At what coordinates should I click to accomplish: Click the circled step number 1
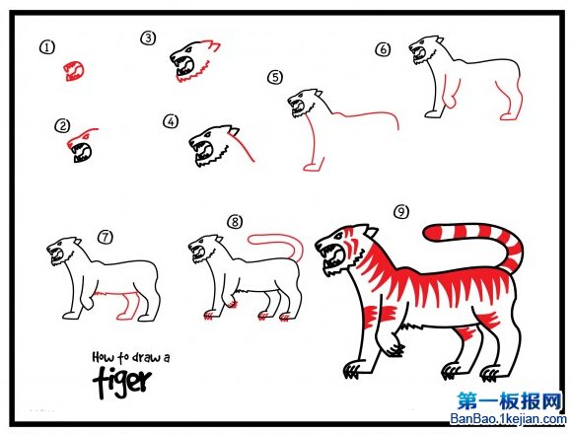click(x=47, y=47)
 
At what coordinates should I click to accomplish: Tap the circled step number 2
click(x=62, y=126)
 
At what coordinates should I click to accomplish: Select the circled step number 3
click(x=148, y=38)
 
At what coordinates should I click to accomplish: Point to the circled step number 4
click(x=171, y=121)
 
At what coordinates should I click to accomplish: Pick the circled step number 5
click(x=275, y=77)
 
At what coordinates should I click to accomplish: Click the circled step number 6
click(x=383, y=49)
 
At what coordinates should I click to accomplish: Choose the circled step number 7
click(x=106, y=238)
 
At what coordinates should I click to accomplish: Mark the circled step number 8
click(x=235, y=222)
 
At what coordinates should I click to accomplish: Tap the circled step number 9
click(x=401, y=212)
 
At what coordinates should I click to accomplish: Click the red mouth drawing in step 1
click(x=74, y=71)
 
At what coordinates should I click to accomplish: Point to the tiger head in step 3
click(x=193, y=61)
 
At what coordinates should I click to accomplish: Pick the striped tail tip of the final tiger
click(x=432, y=232)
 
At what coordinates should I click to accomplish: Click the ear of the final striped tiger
click(x=371, y=233)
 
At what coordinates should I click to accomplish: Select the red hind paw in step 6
click(x=509, y=116)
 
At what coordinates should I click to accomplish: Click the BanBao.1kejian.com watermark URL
click(x=508, y=419)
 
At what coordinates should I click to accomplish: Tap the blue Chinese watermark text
click(x=509, y=401)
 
